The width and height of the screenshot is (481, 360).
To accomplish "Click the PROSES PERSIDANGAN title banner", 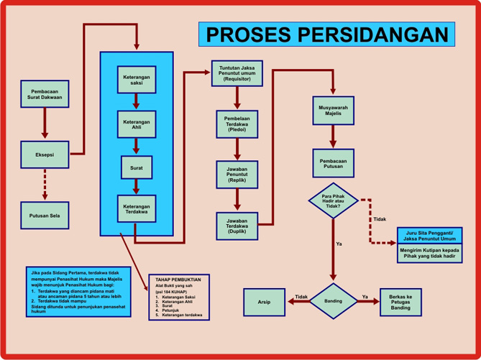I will tap(326, 34).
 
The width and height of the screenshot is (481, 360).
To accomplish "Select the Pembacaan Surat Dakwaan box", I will tap(44, 93).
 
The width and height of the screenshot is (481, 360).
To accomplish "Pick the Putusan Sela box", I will tap(44, 214).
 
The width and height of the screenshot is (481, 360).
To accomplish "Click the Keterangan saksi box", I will tap(137, 80).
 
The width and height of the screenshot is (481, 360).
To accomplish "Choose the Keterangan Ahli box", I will tap(137, 124).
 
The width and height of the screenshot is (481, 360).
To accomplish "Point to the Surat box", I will tap(137, 167).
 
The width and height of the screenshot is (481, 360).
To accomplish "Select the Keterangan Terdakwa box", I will tap(137, 208).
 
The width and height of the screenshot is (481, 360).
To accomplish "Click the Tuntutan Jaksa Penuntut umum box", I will tap(237, 73).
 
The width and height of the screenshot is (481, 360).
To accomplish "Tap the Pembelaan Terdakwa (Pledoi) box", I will tap(237, 124).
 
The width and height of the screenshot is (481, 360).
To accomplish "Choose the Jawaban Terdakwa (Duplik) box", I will tap(237, 226).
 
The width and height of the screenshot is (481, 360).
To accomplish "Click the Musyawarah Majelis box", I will tap(333, 111).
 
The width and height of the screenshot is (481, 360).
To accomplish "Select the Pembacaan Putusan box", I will tap(333, 162).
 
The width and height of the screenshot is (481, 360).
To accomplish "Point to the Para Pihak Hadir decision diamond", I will tap(333, 200).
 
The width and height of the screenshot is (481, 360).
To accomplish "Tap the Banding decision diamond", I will tap(333, 301).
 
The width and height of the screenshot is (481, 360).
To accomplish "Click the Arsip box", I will tap(265, 302).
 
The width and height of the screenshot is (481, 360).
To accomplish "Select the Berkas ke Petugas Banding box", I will tap(400, 302).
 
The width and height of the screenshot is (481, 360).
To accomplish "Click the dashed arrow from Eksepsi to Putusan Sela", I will tap(44, 183).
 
